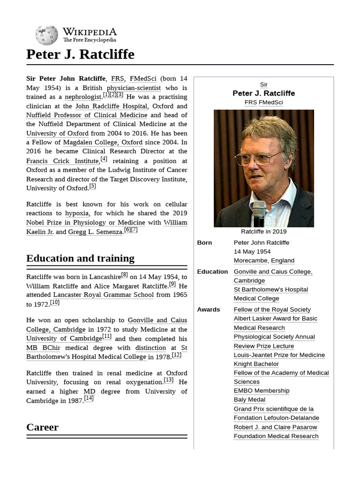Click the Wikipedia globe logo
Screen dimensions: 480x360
(46, 36)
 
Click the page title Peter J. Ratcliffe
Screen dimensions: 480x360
(80, 54)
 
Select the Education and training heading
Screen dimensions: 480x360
(80, 258)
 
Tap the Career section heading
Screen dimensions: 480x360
(43, 427)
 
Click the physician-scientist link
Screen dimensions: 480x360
(134, 88)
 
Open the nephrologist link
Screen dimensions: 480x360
(83, 97)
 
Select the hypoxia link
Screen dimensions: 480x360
(77, 213)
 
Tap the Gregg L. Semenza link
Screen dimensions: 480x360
(95, 232)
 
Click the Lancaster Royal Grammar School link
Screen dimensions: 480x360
(103, 295)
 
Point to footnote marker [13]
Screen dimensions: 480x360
(169, 380)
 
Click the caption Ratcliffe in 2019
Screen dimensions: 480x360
(263, 232)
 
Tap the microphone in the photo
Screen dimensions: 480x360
(259, 213)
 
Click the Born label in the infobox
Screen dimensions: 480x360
(205, 243)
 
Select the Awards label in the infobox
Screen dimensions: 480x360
(209, 310)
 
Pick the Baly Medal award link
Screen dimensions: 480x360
(249, 400)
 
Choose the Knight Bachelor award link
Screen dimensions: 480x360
(256, 364)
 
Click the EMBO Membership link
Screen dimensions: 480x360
(262, 391)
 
